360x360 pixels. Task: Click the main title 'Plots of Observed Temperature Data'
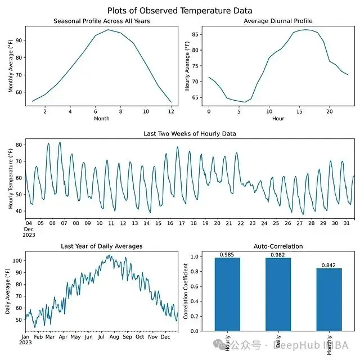coord(180,11)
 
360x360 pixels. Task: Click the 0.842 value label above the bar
coord(329,265)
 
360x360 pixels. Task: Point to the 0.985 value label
coord(227,254)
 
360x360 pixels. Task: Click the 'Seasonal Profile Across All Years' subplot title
coord(101,21)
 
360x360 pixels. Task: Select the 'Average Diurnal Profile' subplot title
coord(278,21)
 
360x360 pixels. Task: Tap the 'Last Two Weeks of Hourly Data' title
coord(190,134)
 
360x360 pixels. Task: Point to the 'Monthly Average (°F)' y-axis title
coord(11,65)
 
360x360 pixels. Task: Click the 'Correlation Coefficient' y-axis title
coord(187,293)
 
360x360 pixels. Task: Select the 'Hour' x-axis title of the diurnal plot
coord(278,119)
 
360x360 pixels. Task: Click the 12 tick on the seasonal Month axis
coord(170,111)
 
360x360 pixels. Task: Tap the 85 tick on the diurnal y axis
coord(197,34)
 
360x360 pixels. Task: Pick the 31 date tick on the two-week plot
coord(345,223)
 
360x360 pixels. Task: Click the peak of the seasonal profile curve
coord(108,30)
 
